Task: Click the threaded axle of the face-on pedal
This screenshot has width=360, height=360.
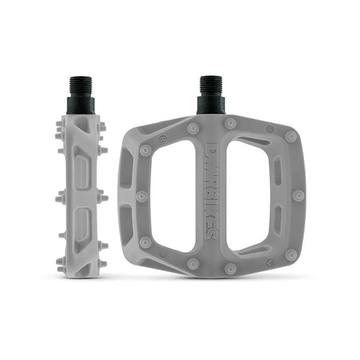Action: (x=210, y=92)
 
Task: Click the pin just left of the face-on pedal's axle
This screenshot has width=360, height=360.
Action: (x=193, y=128)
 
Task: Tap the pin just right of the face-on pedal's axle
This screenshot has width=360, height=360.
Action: (x=230, y=124)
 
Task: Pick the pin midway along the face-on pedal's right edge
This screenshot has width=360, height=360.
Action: (x=298, y=195)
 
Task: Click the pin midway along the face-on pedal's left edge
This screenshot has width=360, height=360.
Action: (x=141, y=196)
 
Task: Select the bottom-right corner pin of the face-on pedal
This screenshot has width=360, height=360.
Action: (x=291, y=254)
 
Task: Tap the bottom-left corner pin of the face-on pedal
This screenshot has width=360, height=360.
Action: (x=145, y=242)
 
